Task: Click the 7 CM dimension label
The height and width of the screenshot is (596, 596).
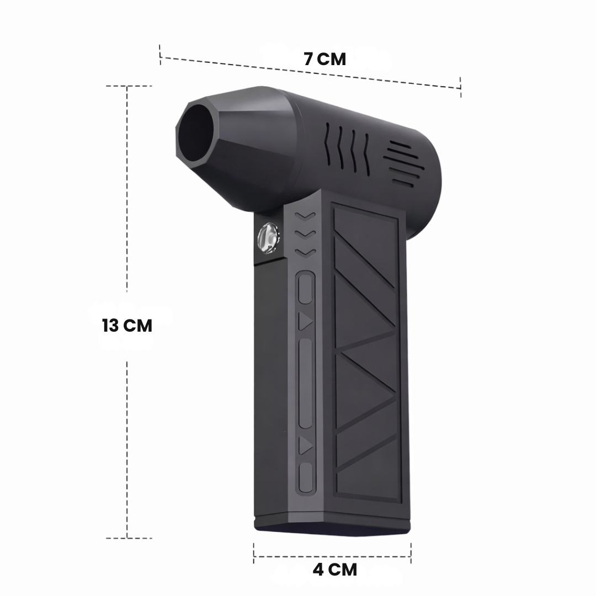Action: click(325, 59)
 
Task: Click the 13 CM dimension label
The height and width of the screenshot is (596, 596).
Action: click(127, 326)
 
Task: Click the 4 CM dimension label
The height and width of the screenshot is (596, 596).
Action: click(335, 570)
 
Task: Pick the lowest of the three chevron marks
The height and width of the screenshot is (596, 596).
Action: click(305, 253)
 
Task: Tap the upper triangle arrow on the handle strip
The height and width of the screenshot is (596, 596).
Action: click(305, 321)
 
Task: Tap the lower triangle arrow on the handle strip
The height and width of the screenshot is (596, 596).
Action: click(305, 445)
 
